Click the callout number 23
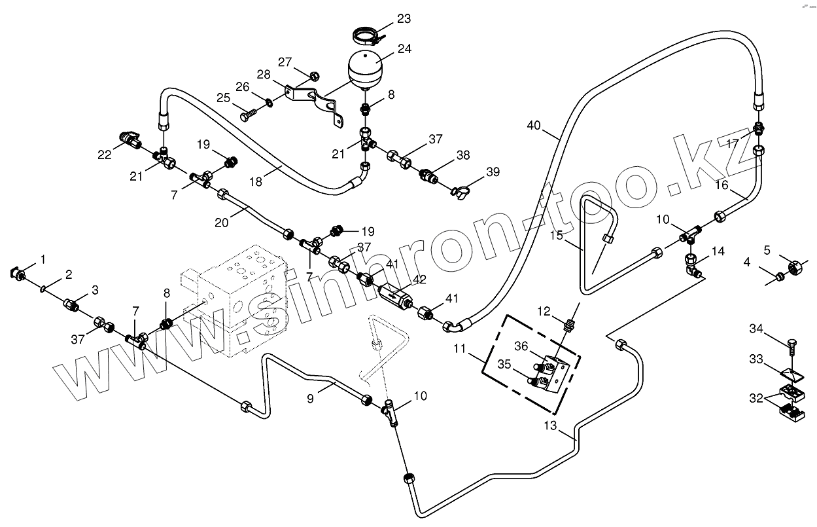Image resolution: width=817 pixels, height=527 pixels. click(x=404, y=19)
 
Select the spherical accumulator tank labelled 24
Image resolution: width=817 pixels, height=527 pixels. click(x=366, y=68)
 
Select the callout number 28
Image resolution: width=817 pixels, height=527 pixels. click(x=264, y=75)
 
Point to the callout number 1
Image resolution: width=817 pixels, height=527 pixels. click(x=43, y=260)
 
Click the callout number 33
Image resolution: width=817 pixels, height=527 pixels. click(x=756, y=359)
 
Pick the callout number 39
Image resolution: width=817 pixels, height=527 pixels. click(x=493, y=172)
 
